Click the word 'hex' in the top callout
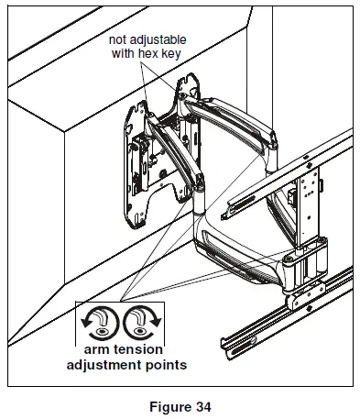click(170, 56)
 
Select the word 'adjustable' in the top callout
click(172, 42)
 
